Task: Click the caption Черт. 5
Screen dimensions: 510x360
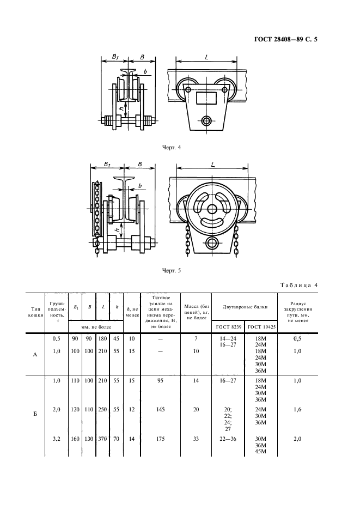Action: [172, 270]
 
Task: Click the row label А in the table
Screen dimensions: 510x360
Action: [35, 354]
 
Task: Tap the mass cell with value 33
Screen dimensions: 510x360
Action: [197, 439]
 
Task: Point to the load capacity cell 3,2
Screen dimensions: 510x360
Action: [55, 439]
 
